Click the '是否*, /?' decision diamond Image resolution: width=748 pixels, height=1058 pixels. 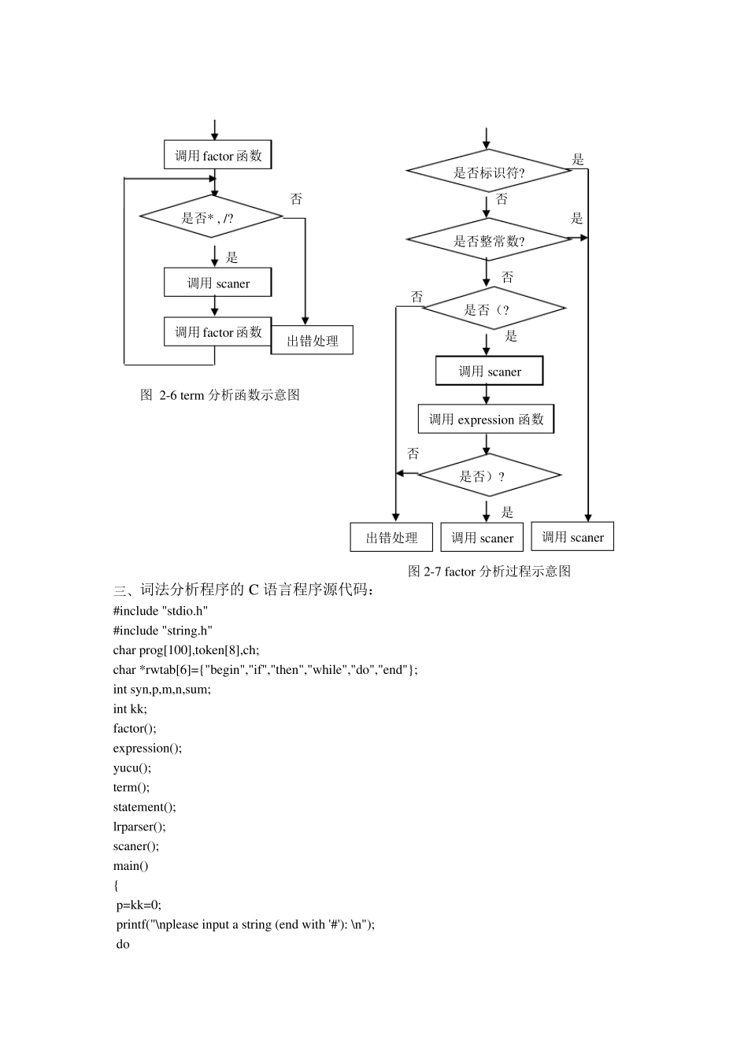pyautogui.click(x=211, y=216)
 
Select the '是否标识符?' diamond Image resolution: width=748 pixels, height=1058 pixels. pyautogui.click(x=488, y=172)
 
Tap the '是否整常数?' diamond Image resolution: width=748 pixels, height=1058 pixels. pyautogui.click(x=488, y=241)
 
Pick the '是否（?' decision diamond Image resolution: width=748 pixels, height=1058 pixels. pyautogui.click(x=493, y=309)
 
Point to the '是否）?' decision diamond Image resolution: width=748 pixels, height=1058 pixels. pyautogui.click(x=488, y=475)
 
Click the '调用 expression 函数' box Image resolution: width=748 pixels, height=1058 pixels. pyautogui.click(x=486, y=420)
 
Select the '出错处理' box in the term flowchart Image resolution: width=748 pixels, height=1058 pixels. pyautogui.click(x=312, y=340)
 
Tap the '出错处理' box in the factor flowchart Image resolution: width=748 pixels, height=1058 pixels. pyautogui.click(x=391, y=538)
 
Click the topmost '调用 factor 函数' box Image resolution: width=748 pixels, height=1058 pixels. pyautogui.click(x=218, y=155)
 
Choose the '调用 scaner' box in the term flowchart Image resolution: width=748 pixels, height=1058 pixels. pyautogui.click(x=218, y=283)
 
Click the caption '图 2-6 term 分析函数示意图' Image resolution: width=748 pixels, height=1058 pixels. pyautogui.click(x=220, y=395)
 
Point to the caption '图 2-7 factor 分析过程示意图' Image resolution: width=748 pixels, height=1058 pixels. pyautogui.click(x=489, y=572)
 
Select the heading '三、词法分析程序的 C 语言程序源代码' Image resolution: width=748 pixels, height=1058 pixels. pyautogui.click(x=244, y=590)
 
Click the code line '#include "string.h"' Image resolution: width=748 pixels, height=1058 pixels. pyautogui.click(x=163, y=631)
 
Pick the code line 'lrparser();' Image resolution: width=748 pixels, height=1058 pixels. pyautogui.click(x=139, y=827)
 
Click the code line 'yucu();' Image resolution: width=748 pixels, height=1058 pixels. pyautogui.click(x=132, y=768)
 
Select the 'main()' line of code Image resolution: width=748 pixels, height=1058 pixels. pyautogui.click(x=131, y=866)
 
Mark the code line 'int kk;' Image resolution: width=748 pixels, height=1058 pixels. pyautogui.click(x=130, y=708)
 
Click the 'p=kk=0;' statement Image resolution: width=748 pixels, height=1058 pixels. pyautogui.click(x=139, y=905)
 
